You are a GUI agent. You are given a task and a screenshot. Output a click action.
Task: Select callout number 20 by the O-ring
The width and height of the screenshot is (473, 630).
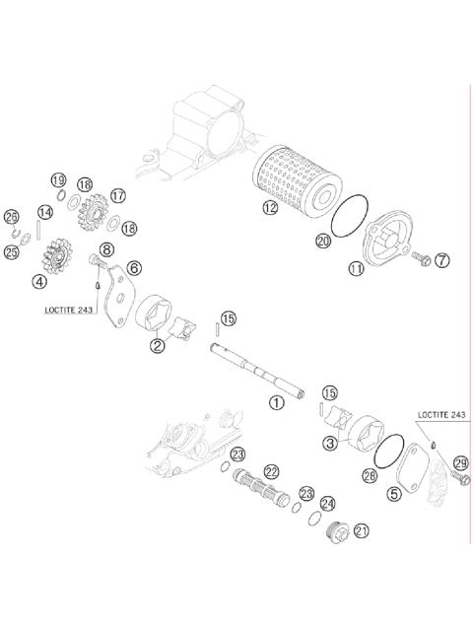[322, 240]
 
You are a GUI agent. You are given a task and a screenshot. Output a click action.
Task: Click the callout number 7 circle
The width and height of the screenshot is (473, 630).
[441, 260]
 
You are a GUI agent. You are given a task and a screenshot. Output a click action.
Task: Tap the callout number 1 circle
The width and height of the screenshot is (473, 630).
[277, 401]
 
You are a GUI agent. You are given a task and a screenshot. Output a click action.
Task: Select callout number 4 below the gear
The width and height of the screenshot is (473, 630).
[38, 281]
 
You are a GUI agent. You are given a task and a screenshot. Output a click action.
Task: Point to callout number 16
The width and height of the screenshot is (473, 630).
[84, 184]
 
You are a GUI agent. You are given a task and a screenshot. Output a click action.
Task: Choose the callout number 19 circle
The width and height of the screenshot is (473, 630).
[58, 179]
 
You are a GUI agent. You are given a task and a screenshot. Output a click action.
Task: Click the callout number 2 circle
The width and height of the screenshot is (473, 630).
[157, 345]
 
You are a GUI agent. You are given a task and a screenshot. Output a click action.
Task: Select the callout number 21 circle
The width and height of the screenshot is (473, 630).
[362, 531]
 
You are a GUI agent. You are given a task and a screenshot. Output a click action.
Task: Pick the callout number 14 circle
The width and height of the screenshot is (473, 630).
[44, 212]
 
